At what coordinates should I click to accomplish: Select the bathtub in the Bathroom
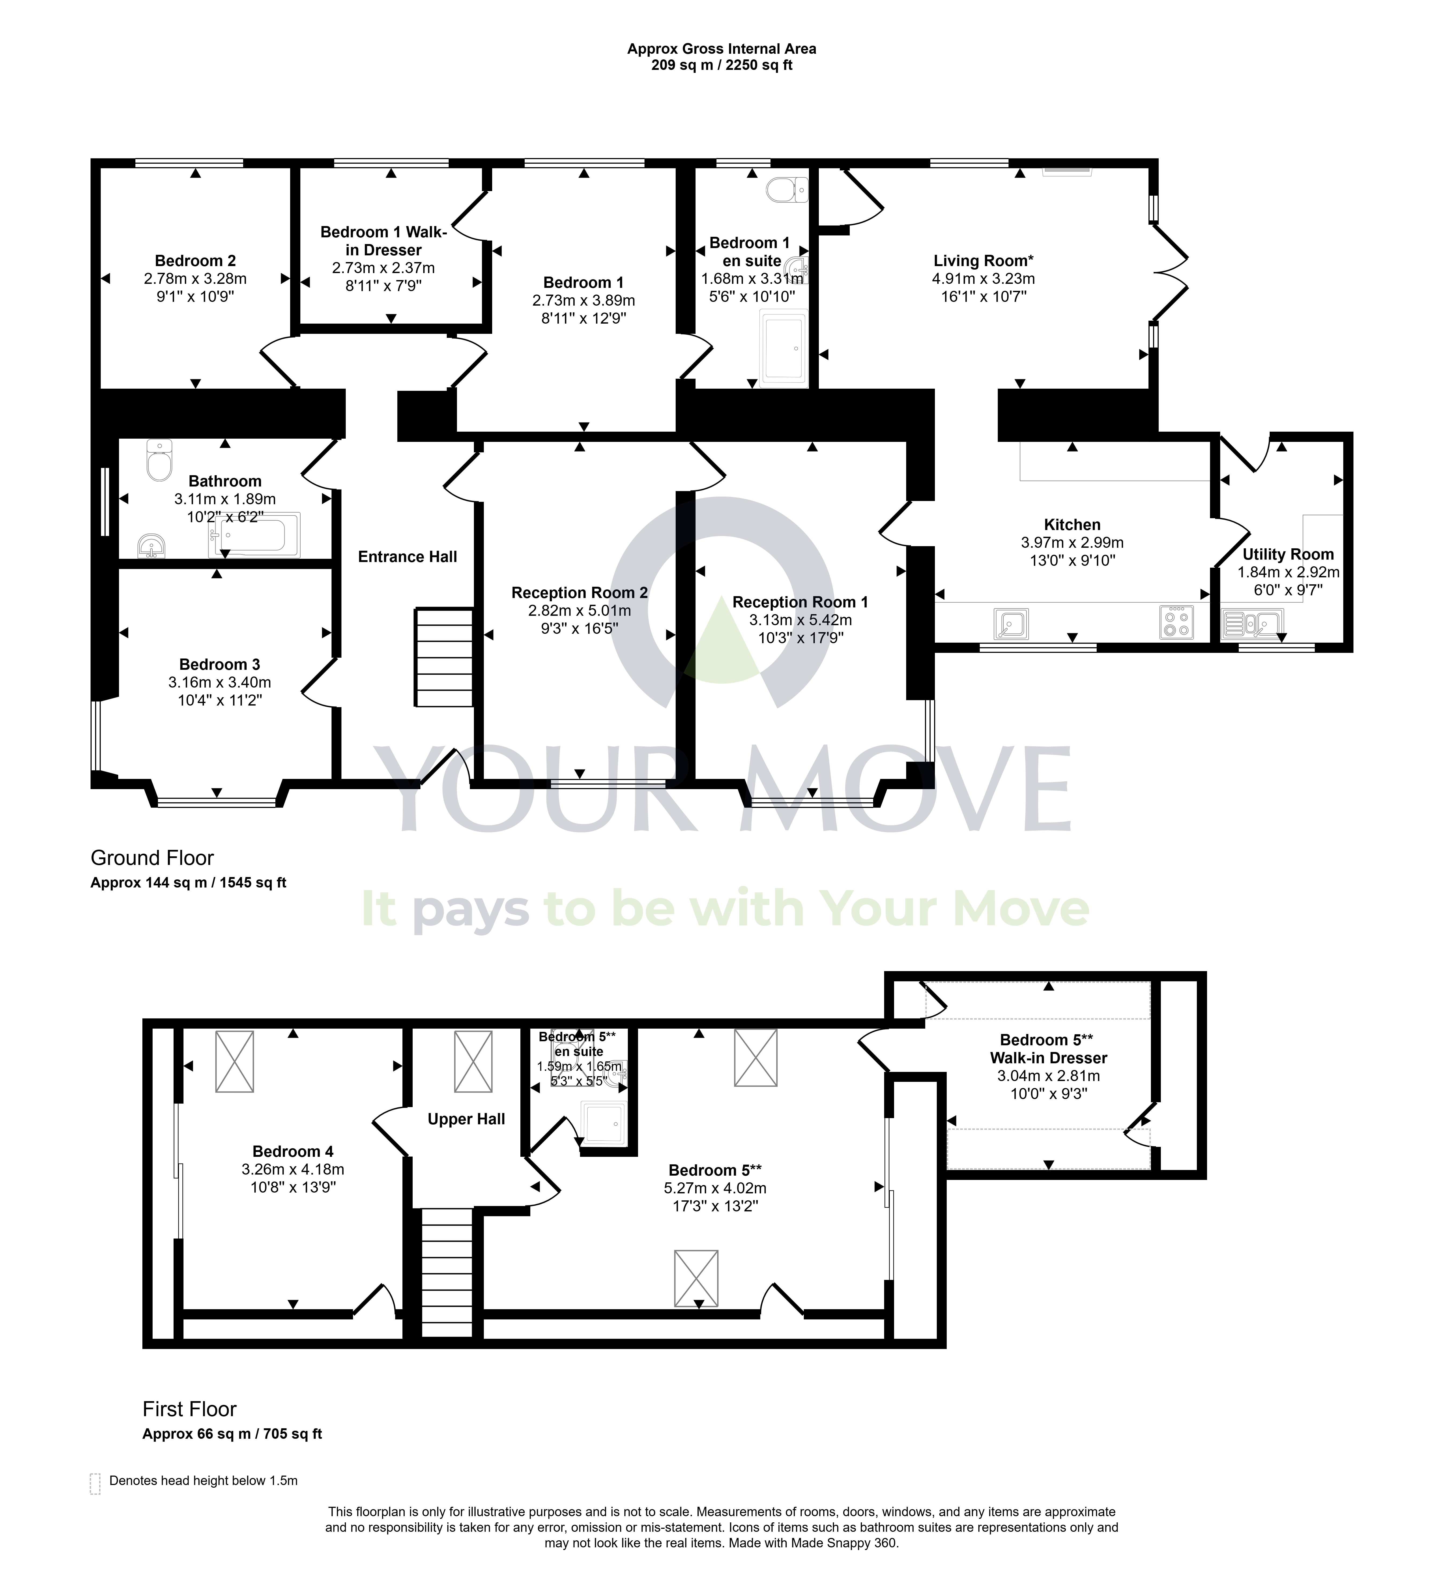255,535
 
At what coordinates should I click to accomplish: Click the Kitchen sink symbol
1011,624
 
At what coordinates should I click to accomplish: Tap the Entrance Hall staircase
444,657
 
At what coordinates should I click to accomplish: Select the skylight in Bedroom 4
235,1061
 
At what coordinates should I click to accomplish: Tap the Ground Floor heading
152,858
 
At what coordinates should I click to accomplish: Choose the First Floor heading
189,1409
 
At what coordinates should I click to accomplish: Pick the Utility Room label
1288,554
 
